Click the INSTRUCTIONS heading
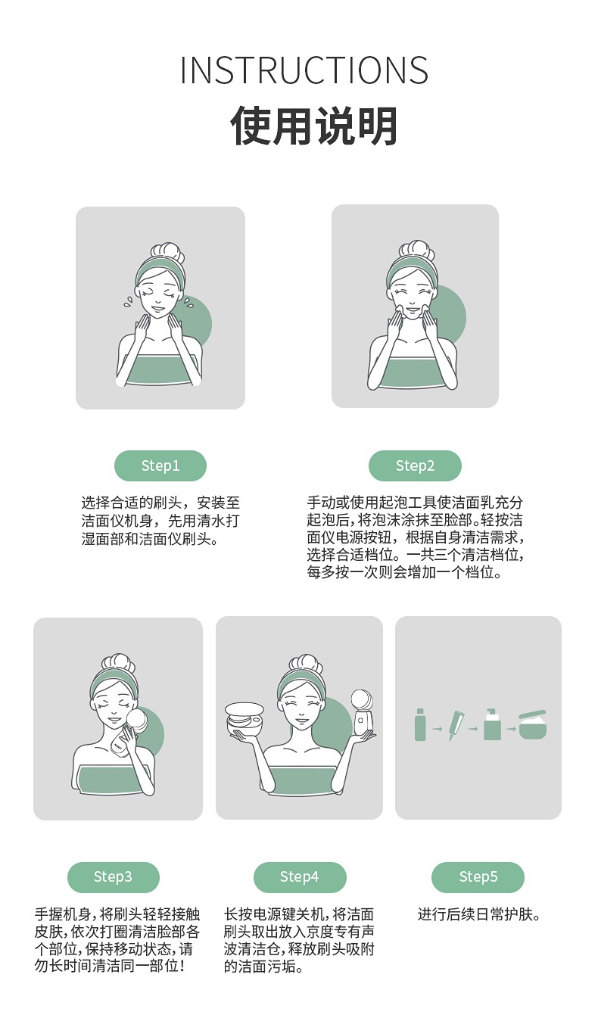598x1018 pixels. [304, 70]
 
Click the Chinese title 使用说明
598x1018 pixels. [314, 126]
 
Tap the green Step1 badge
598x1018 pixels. [160, 465]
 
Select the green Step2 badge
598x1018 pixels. [415, 465]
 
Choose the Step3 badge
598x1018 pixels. [113, 876]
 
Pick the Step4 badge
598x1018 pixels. [300, 876]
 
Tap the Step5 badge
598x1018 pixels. [478, 876]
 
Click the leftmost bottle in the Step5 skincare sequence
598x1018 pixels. [420, 724]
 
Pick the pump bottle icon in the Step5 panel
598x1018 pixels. [492, 724]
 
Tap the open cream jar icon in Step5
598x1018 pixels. [533, 726]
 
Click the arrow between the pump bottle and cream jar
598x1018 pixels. [510, 729]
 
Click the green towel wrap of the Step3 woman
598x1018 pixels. [113, 780]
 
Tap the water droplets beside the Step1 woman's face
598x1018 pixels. [129, 301]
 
